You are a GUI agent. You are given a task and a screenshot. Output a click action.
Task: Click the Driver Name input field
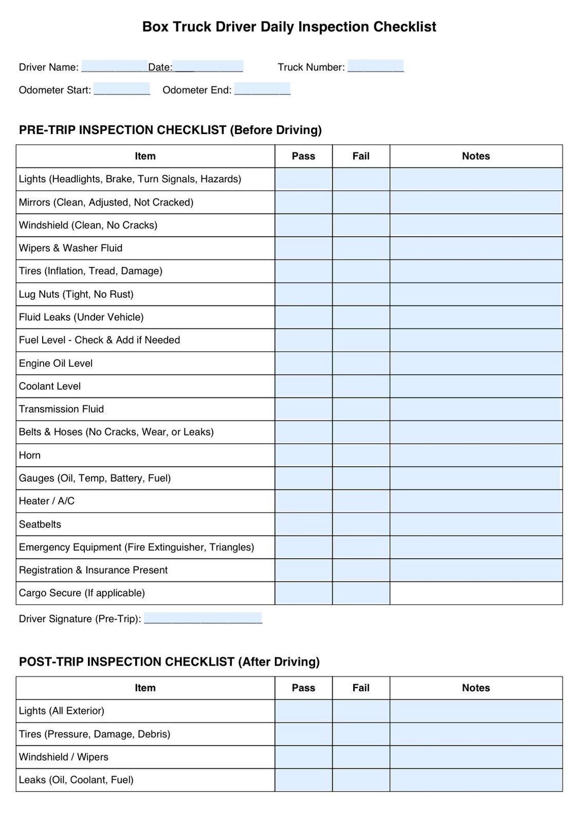pyautogui.click(x=114, y=67)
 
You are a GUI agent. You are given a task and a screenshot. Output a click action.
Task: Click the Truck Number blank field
pyautogui.click(x=375, y=66)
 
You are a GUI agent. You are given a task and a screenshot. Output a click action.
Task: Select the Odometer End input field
pyautogui.click(x=262, y=89)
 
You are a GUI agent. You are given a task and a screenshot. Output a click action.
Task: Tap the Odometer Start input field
pyautogui.click(x=121, y=89)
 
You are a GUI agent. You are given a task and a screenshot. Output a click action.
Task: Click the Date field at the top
pyautogui.click(x=208, y=67)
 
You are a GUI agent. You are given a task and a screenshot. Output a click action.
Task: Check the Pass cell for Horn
pyautogui.click(x=303, y=455)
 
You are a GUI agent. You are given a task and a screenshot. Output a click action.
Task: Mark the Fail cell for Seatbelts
pyautogui.click(x=361, y=524)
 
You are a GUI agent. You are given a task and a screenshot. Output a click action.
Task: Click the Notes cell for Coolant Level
pyautogui.click(x=475, y=386)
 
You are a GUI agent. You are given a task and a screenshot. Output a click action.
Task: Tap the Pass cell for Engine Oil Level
pyautogui.click(x=303, y=363)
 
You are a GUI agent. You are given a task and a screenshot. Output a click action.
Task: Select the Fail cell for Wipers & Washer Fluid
pyautogui.click(x=361, y=248)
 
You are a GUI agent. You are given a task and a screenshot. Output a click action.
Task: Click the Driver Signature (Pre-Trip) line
pyautogui.click(x=203, y=618)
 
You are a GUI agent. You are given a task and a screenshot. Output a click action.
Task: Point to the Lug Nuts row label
pyautogui.click(x=76, y=294)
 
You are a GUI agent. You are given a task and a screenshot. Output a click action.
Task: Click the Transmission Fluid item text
pyautogui.click(x=61, y=409)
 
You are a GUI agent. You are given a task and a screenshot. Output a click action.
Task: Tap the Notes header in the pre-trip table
pyautogui.click(x=475, y=156)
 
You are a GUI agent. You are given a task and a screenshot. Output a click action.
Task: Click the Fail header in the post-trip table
pyautogui.click(x=361, y=688)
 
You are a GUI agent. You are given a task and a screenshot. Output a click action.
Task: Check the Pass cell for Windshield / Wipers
pyautogui.click(x=303, y=757)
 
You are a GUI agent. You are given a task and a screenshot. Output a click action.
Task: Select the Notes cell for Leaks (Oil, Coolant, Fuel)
pyautogui.click(x=475, y=780)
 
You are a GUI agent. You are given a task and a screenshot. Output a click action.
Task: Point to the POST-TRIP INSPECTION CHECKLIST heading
pyautogui.click(x=169, y=661)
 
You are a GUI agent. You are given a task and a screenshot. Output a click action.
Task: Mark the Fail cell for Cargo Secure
pyautogui.click(x=361, y=593)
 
